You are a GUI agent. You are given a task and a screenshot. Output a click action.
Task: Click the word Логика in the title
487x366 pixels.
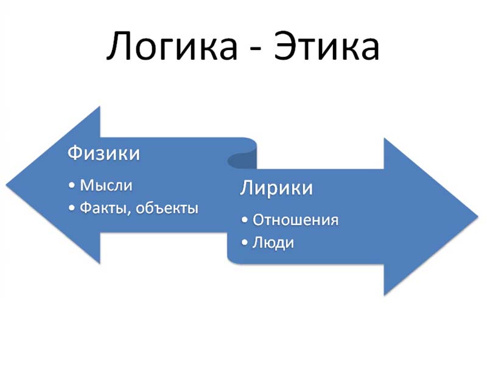point(172,46)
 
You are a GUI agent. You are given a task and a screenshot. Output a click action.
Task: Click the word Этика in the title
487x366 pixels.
point(326,46)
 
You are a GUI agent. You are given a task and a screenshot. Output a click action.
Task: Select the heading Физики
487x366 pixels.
point(103,153)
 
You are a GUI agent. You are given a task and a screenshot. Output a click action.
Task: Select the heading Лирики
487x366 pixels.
point(276,188)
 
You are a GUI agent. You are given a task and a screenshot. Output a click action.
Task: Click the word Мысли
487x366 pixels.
point(106,185)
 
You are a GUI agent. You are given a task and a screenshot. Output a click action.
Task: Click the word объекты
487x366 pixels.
point(167,207)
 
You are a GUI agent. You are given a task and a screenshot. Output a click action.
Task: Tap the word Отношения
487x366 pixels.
point(295,220)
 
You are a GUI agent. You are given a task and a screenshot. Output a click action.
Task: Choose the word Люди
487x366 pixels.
point(273,242)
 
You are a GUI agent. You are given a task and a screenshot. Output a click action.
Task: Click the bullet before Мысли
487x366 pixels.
point(72,185)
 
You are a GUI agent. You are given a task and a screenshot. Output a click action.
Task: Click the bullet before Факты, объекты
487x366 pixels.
point(72,208)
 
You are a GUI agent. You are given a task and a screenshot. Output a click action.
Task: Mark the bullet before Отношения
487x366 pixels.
point(245,220)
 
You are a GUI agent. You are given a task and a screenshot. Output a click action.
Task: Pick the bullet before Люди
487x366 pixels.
point(245,242)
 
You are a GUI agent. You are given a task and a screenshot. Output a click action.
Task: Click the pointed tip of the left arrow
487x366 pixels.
point(7,185)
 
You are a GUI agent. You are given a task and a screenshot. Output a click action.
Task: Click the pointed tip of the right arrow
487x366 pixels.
point(478,217)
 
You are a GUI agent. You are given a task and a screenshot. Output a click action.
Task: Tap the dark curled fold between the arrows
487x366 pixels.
point(242,159)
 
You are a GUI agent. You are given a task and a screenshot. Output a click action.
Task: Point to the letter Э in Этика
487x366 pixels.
point(284,46)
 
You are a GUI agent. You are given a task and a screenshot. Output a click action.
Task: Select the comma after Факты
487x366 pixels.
point(128,213)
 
